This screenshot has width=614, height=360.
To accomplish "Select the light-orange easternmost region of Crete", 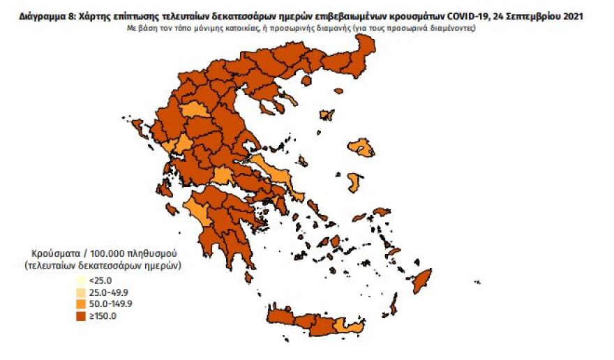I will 341,327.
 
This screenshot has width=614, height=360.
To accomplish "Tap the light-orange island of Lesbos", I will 361,147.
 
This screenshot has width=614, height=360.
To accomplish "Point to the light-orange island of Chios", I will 354,183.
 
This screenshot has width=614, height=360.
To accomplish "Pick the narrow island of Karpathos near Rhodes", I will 394,305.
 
